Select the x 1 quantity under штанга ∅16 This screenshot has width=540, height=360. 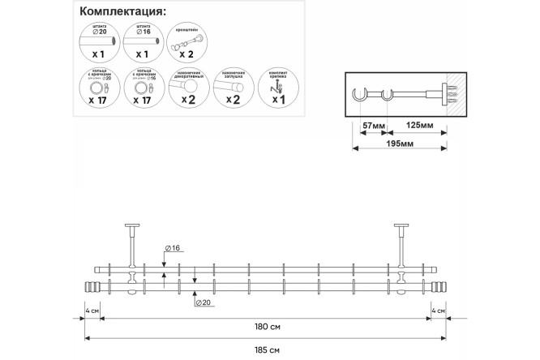coord(144,56)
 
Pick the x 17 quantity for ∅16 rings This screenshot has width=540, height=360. coord(144,101)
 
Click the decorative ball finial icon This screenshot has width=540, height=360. coord(187,84)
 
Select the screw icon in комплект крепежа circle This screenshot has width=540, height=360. coord(279,85)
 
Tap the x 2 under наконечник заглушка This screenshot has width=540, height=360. coord(232,101)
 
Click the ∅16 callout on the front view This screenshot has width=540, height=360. coord(173,246)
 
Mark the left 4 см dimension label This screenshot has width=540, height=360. coord(93,311)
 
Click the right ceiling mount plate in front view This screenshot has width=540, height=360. coord(402,226)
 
